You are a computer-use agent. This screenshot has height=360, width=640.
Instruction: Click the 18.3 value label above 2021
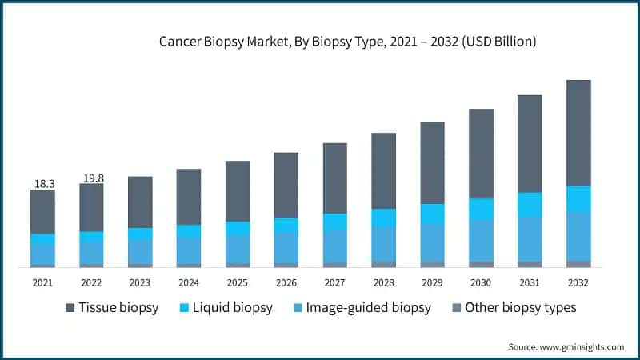(x=44, y=184)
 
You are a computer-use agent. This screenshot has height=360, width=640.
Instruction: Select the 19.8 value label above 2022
(x=93, y=178)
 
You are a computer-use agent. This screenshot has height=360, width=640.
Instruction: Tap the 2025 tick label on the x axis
(x=237, y=282)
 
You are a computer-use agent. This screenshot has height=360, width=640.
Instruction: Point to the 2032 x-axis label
(x=578, y=282)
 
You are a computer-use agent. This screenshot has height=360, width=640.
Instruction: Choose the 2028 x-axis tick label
(x=383, y=282)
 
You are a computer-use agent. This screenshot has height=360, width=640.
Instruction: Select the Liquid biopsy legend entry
(x=227, y=307)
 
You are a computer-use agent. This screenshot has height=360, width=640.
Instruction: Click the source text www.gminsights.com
(x=566, y=346)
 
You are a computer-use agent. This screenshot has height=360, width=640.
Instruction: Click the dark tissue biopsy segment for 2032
(x=578, y=133)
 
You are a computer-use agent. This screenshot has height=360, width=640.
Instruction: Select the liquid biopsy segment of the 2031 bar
(x=530, y=205)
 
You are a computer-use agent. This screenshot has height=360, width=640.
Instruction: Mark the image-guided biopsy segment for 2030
(x=481, y=240)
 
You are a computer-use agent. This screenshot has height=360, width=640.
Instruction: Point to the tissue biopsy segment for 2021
(x=43, y=212)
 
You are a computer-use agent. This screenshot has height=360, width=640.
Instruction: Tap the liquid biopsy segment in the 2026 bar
(x=286, y=226)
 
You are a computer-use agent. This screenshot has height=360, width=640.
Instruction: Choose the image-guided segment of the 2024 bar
(x=189, y=250)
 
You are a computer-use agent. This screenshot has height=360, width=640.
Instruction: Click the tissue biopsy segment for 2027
(x=334, y=178)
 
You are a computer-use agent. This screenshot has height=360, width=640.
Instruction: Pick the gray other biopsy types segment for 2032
(x=578, y=263)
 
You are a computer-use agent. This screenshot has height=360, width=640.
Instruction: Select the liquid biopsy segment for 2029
(x=432, y=214)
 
